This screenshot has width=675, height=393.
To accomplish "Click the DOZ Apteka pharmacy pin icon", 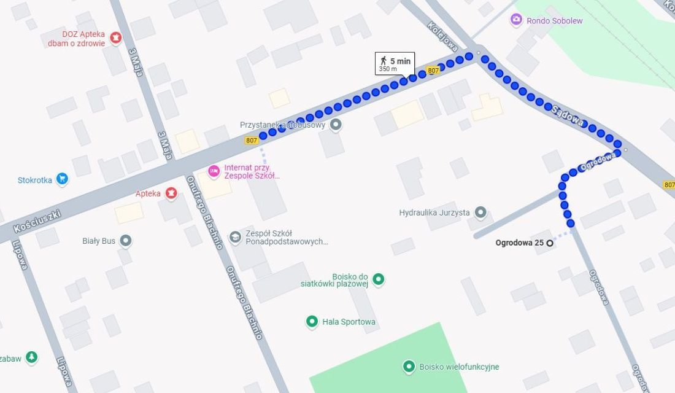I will (x=115, y=38).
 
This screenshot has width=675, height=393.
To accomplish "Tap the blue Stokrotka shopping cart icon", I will (x=61, y=179).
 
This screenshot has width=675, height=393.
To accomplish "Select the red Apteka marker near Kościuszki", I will (x=171, y=193).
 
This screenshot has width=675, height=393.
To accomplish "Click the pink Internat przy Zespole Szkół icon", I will (x=214, y=171).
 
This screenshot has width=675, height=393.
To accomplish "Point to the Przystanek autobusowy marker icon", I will (x=335, y=125).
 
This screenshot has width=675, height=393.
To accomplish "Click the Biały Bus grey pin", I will (x=126, y=241).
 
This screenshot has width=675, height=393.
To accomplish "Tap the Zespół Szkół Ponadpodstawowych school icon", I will (x=234, y=236).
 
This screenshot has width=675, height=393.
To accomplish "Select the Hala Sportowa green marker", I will (x=312, y=321).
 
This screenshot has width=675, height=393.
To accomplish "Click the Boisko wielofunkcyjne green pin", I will (x=409, y=367).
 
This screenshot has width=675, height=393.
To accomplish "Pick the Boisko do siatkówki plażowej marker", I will (x=379, y=280).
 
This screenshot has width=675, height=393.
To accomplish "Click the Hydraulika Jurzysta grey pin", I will (x=480, y=212).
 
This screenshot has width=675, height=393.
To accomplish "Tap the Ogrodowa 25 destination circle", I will (x=550, y=243).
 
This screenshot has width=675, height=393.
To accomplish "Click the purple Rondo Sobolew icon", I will (x=516, y=20).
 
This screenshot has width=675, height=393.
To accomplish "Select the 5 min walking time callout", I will (x=394, y=63).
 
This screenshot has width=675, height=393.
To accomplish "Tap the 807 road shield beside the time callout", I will (x=433, y=71).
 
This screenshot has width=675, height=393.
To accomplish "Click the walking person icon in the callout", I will (x=384, y=60).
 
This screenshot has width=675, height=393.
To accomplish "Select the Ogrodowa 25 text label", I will (x=519, y=243).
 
